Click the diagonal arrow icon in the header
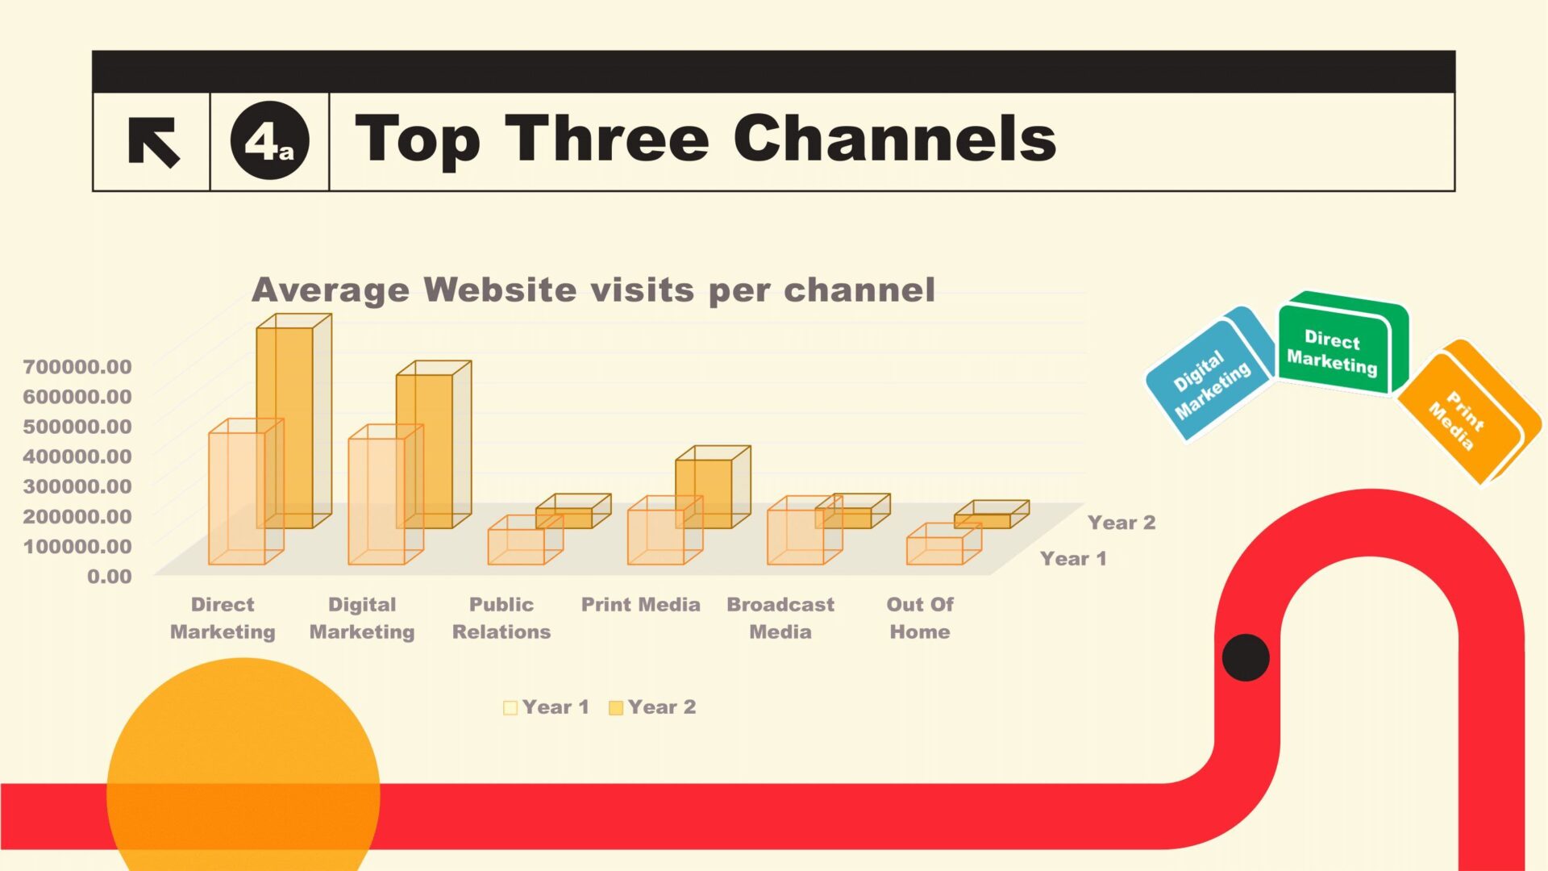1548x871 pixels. click(x=153, y=142)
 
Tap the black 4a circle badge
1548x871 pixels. click(x=269, y=141)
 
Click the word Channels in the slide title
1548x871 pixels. click(x=894, y=138)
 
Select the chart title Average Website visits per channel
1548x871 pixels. click(x=593, y=290)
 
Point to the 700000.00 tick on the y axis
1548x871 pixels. click(x=77, y=367)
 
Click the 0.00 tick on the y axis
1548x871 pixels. click(x=110, y=577)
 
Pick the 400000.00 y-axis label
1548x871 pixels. click(x=77, y=456)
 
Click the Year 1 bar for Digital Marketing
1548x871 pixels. click(x=385, y=494)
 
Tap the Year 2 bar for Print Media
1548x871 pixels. click(x=713, y=487)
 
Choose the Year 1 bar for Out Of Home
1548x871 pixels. click(x=944, y=544)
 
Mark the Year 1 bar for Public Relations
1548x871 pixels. click(x=525, y=540)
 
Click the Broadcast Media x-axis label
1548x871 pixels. click(x=780, y=618)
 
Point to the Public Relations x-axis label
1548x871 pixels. click(x=501, y=618)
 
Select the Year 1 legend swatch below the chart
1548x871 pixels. click(x=510, y=708)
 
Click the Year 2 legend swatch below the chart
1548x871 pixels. click(x=616, y=708)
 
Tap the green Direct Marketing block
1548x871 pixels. click(x=1342, y=344)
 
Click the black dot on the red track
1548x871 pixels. click(x=1246, y=657)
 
